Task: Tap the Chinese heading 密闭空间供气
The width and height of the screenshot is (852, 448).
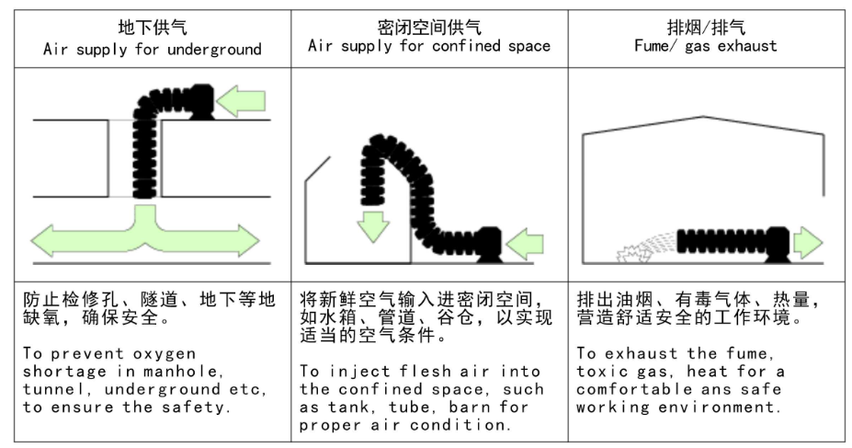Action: (x=429, y=27)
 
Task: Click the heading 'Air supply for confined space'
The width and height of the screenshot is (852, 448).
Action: (x=429, y=46)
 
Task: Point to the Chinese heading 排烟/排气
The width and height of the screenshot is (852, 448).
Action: (x=706, y=27)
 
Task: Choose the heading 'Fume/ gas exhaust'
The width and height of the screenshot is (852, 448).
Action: (x=706, y=46)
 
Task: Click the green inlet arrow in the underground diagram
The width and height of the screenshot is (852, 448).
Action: (x=241, y=102)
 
